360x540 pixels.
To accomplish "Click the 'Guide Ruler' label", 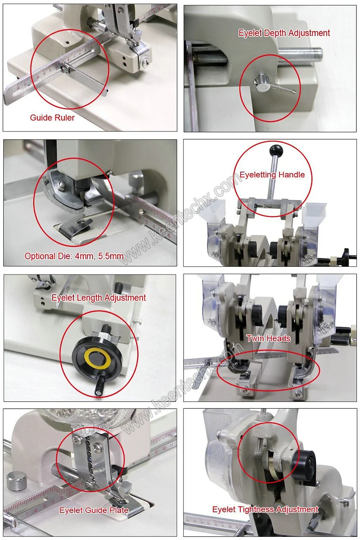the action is pos(52,117).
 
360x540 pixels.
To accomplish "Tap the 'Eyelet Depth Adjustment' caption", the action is pos(284,33).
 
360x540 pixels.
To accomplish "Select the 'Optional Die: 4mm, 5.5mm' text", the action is pos(74,256).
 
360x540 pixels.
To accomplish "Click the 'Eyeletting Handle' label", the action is pos(272,175).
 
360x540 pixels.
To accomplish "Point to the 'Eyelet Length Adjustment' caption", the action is pos(99,298).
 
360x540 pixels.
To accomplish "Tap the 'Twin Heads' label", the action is pos(268,338).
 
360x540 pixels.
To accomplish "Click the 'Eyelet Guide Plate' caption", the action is pos(94,510).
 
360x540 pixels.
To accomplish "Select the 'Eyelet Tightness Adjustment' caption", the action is pos(265,509).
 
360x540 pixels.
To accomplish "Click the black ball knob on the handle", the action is pos(276,150).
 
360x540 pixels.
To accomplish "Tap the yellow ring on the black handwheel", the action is pos(97,356).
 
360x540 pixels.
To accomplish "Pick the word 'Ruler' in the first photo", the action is pos(65,117).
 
